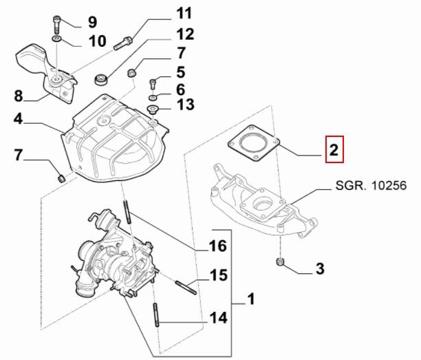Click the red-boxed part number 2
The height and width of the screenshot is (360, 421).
(333, 150)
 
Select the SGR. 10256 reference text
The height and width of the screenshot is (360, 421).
(369, 186)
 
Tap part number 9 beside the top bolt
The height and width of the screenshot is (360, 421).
(91, 23)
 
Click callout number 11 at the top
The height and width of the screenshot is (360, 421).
(184, 14)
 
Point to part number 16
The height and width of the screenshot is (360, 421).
(217, 246)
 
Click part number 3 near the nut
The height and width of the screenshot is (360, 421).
(320, 268)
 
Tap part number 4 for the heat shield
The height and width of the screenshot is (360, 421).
(19, 120)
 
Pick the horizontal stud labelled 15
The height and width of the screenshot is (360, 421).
(186, 285)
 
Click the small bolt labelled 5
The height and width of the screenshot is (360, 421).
(153, 83)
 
